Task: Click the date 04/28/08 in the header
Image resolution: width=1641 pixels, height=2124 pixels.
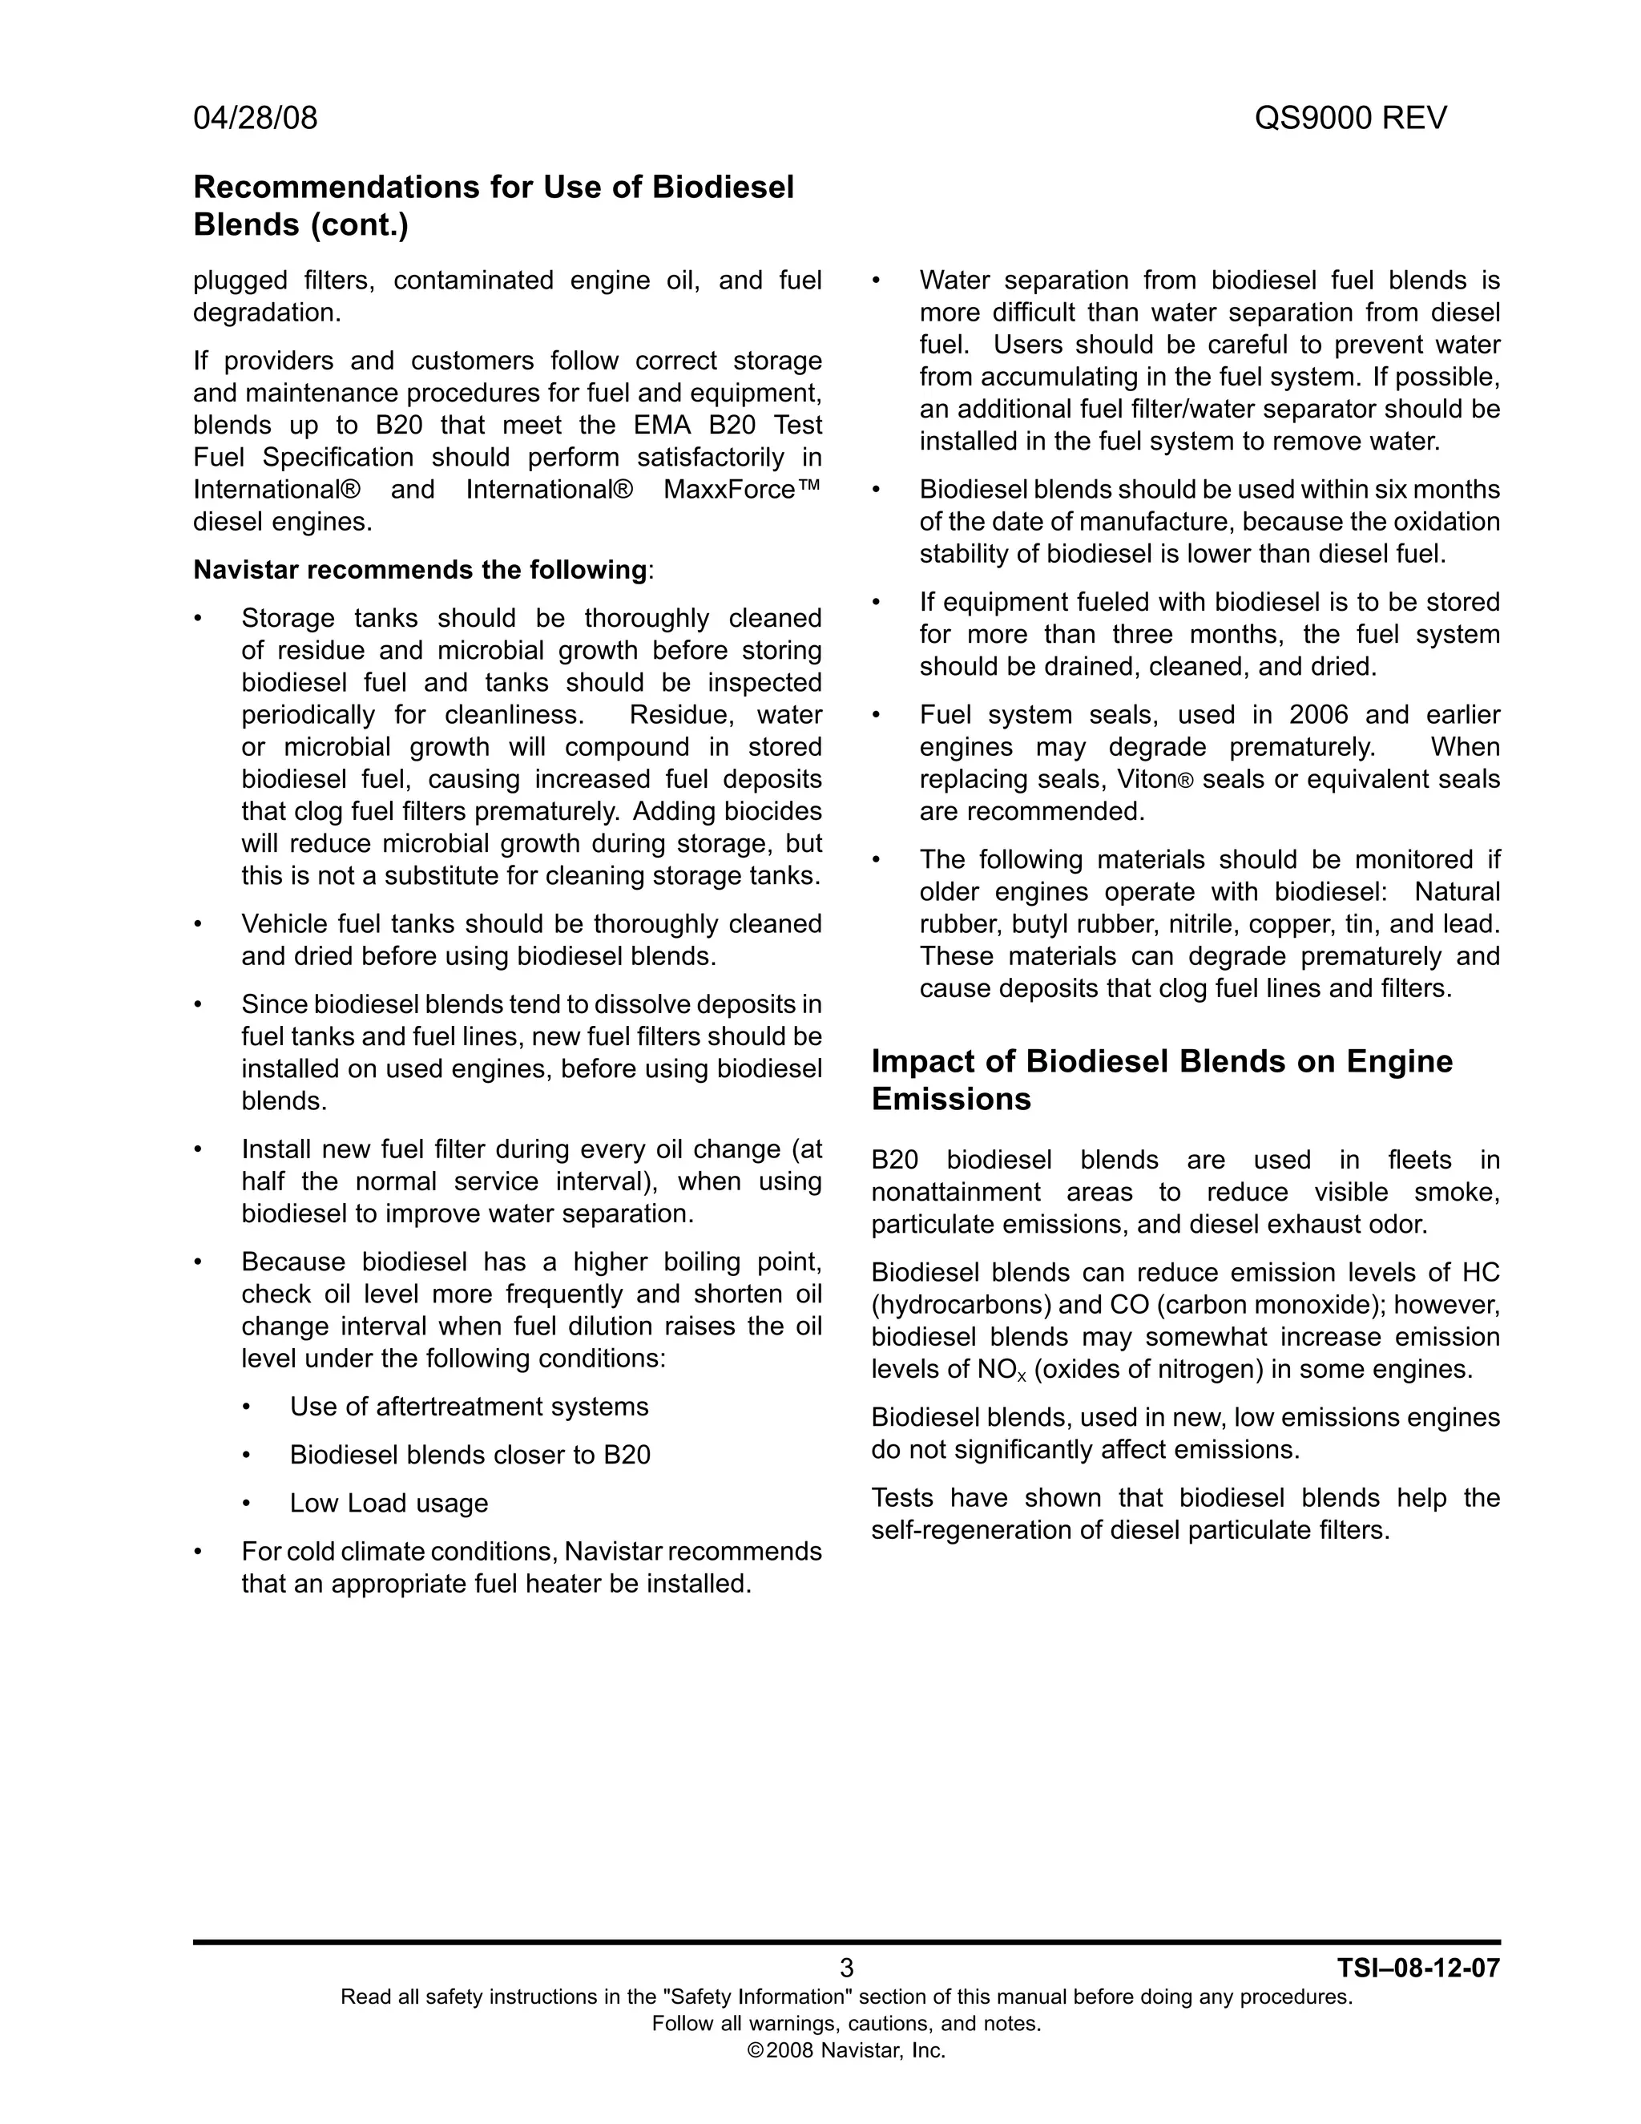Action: pyautogui.click(x=255, y=118)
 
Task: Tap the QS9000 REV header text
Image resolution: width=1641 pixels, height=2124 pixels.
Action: pyautogui.click(x=1349, y=118)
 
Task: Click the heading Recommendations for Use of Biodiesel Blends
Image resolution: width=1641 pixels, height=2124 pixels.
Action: pyautogui.click(x=494, y=205)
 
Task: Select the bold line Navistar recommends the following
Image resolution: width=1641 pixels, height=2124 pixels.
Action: pyautogui.click(x=420, y=570)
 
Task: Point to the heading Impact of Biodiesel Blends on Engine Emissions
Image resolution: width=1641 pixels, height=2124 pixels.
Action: pyautogui.click(x=1162, y=1080)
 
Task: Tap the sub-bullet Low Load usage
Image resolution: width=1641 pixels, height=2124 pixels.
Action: pyautogui.click(x=388, y=1504)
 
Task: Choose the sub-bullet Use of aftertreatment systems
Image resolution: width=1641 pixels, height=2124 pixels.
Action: pyautogui.click(x=469, y=1407)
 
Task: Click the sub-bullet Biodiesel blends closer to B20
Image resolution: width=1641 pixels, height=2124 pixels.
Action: pyautogui.click(x=470, y=1455)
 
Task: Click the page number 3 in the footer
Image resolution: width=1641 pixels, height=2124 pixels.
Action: pyautogui.click(x=846, y=1969)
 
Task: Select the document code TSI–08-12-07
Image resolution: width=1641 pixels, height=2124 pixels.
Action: pyautogui.click(x=1418, y=1969)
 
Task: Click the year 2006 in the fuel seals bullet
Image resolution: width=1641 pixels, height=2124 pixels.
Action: pyautogui.click(x=1318, y=715)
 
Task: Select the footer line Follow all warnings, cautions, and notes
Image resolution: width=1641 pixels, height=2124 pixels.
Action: pyautogui.click(x=846, y=2024)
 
